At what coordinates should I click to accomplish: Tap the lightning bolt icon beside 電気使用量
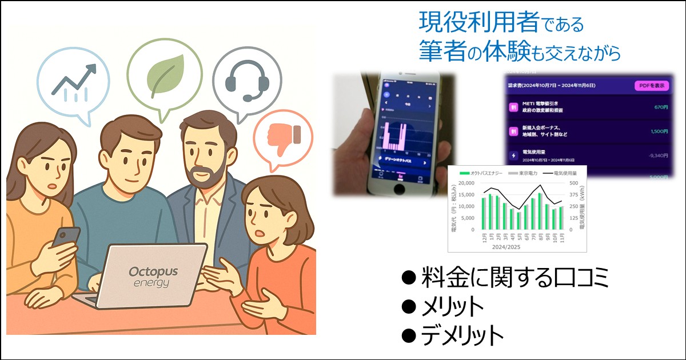pyautogui.click(x=513, y=154)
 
